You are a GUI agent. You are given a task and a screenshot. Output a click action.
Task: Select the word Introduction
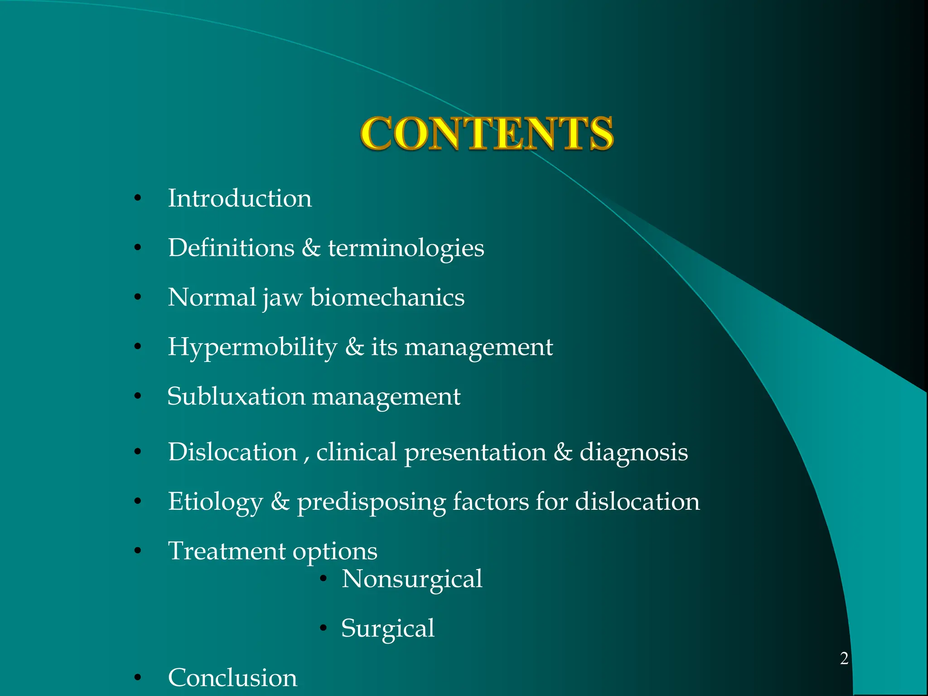(240, 198)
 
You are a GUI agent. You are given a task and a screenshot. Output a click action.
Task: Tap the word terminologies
(406, 248)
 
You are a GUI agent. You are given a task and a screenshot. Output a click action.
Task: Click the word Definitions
(231, 248)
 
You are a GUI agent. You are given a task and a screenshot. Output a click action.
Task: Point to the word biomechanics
(387, 297)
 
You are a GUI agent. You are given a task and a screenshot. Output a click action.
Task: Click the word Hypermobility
(252, 348)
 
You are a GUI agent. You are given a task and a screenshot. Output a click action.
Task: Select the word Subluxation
(236, 396)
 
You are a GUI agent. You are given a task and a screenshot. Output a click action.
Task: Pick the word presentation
(475, 453)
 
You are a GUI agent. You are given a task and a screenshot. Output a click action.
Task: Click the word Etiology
(215, 502)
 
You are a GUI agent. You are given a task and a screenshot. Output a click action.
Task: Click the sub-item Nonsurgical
(412, 579)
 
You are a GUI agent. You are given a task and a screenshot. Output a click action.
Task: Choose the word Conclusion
(232, 678)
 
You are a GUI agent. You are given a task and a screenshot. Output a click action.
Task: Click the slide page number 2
(844, 658)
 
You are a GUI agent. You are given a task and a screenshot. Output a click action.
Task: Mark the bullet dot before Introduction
(138, 198)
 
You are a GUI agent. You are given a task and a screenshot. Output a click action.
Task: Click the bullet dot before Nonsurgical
(323, 579)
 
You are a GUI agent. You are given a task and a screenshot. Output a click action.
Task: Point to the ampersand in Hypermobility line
(354, 347)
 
